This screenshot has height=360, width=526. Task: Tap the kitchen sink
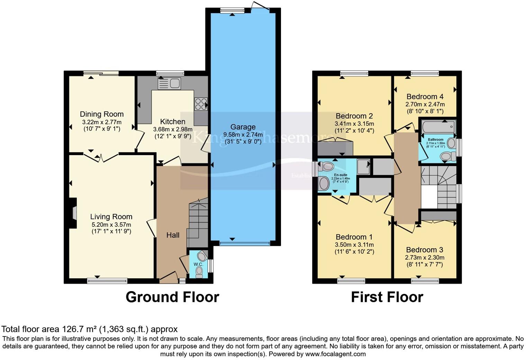[x=169, y=83]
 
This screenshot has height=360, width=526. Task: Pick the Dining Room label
[x=102, y=114]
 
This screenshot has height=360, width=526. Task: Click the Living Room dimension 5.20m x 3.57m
[x=111, y=224]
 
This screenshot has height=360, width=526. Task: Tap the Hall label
[x=173, y=235]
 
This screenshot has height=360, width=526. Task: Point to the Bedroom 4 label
[x=425, y=97]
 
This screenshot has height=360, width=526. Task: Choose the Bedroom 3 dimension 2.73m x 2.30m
[x=425, y=258]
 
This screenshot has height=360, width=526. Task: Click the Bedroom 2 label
[x=354, y=116]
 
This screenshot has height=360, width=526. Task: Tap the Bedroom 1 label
[x=354, y=237]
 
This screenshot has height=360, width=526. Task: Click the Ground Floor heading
[x=172, y=297]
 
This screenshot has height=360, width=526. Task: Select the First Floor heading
[x=387, y=297]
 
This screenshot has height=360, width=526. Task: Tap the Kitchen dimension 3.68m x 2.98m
[x=173, y=129]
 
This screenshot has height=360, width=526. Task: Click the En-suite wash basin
[x=324, y=183]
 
